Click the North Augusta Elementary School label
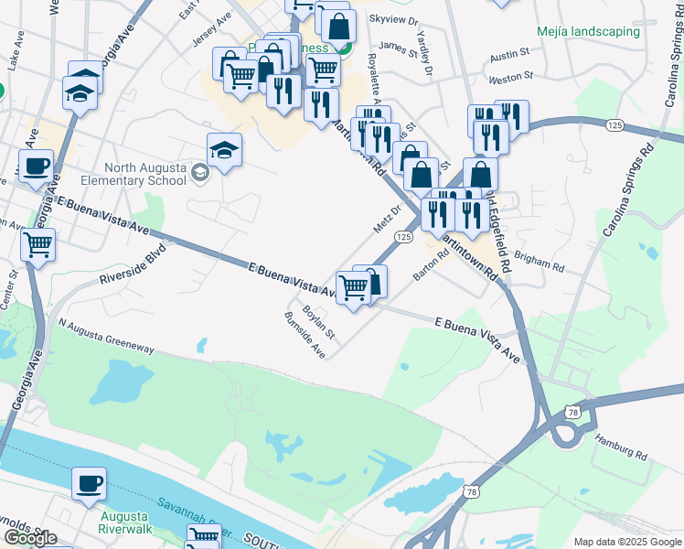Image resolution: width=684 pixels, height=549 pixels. point(144,174)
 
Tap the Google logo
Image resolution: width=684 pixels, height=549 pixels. point(30,538)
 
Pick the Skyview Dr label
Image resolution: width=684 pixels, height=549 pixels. point(392,18)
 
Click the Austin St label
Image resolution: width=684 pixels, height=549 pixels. point(510,57)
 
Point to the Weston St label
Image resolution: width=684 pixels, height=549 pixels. point(510,80)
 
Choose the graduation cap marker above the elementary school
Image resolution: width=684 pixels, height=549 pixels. point(225,149)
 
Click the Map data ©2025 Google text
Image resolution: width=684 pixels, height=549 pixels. point(627,542)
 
